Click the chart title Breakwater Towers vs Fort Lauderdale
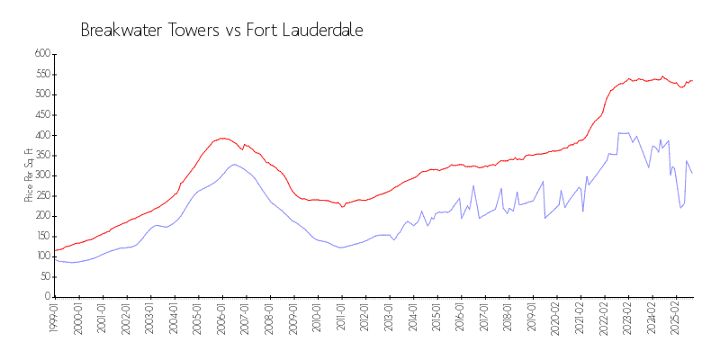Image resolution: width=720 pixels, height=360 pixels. [x=221, y=30]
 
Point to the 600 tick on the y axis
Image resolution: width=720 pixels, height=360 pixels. [x=42, y=54]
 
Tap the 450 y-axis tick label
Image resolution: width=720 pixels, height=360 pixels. [x=42, y=135]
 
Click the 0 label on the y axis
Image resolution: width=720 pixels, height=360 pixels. [x=47, y=297]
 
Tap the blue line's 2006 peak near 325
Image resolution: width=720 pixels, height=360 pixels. [x=234, y=164]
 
